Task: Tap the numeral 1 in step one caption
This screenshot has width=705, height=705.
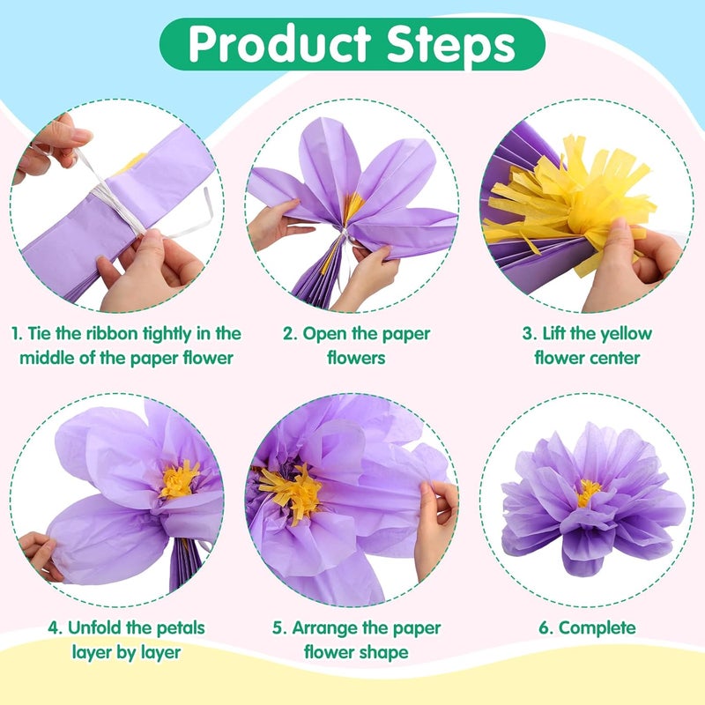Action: click(15, 334)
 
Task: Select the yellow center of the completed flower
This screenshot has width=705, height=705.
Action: click(588, 492)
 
